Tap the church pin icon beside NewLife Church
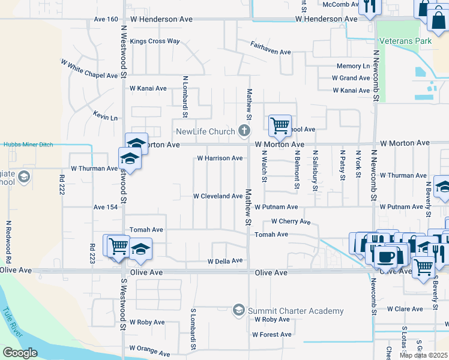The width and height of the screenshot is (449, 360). [x=244, y=130]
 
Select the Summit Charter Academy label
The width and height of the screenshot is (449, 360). [x=296, y=311]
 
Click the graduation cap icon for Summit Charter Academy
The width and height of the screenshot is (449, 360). [x=238, y=310]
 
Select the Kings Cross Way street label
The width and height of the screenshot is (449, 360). [x=155, y=41]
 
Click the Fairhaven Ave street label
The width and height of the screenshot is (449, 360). [x=271, y=52]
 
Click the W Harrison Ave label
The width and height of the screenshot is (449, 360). [x=220, y=158]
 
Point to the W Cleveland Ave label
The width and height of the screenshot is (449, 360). [x=217, y=196]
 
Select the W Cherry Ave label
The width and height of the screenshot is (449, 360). [x=291, y=221]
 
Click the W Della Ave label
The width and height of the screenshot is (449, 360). [x=224, y=261]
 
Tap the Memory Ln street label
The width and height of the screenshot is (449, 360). [x=353, y=66]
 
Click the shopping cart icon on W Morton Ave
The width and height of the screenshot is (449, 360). [x=280, y=125]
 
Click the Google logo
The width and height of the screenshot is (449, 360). [x=20, y=353]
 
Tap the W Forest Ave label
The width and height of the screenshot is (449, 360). [x=273, y=334]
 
